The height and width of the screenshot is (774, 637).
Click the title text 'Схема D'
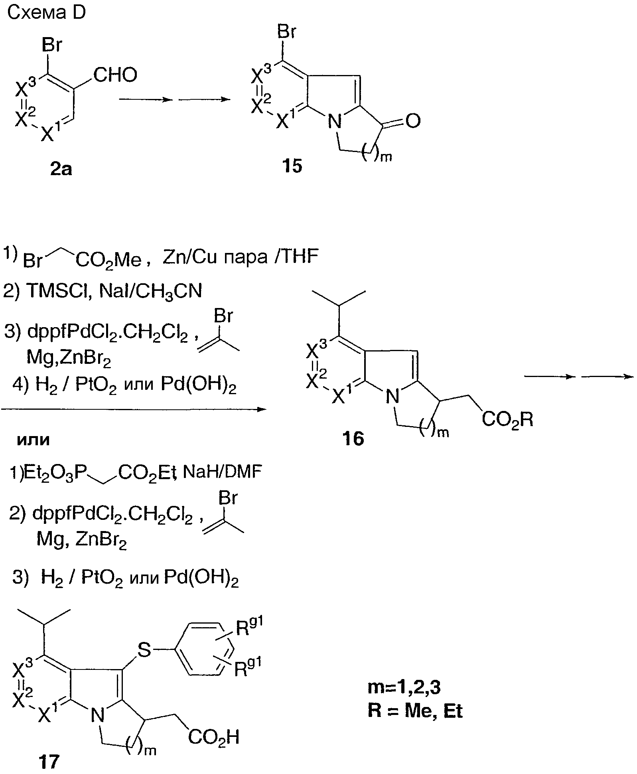[46, 14]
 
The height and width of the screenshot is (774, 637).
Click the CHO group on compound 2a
[115, 75]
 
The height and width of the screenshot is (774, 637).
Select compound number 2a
[61, 170]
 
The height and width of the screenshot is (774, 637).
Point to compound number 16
[353, 438]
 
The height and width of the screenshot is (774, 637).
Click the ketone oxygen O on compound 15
[413, 121]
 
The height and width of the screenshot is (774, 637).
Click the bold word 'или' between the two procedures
[34, 440]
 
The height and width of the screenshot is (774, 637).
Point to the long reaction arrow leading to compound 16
[134, 409]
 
